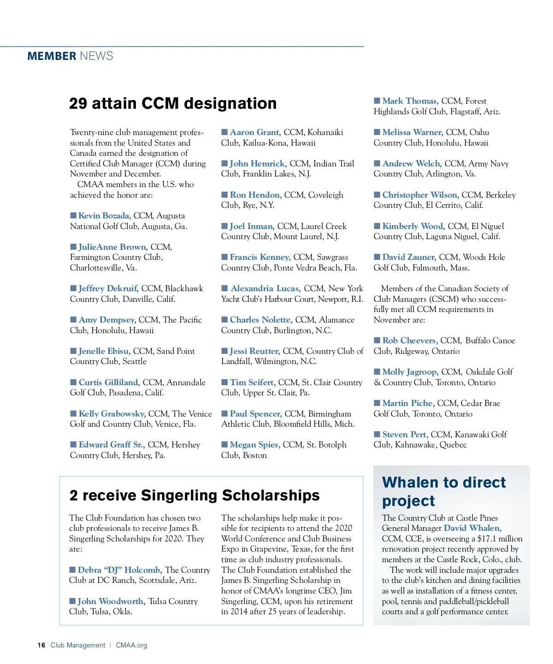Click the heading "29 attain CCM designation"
tap(173, 103)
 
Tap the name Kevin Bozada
tap(105, 216)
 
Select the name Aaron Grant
tap(255, 132)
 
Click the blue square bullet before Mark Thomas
tap(377, 100)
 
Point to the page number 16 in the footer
tap(41, 645)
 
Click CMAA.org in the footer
tap(131, 645)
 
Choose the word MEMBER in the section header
tap(52, 56)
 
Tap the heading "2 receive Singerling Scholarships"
tap(194, 495)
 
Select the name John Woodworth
tap(112, 601)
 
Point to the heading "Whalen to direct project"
tap(443, 491)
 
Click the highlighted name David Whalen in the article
tap(472, 528)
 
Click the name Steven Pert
tap(405, 435)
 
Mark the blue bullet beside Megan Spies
tap(224, 445)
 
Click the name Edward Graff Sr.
tap(112, 445)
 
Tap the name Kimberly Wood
tap(413, 226)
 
